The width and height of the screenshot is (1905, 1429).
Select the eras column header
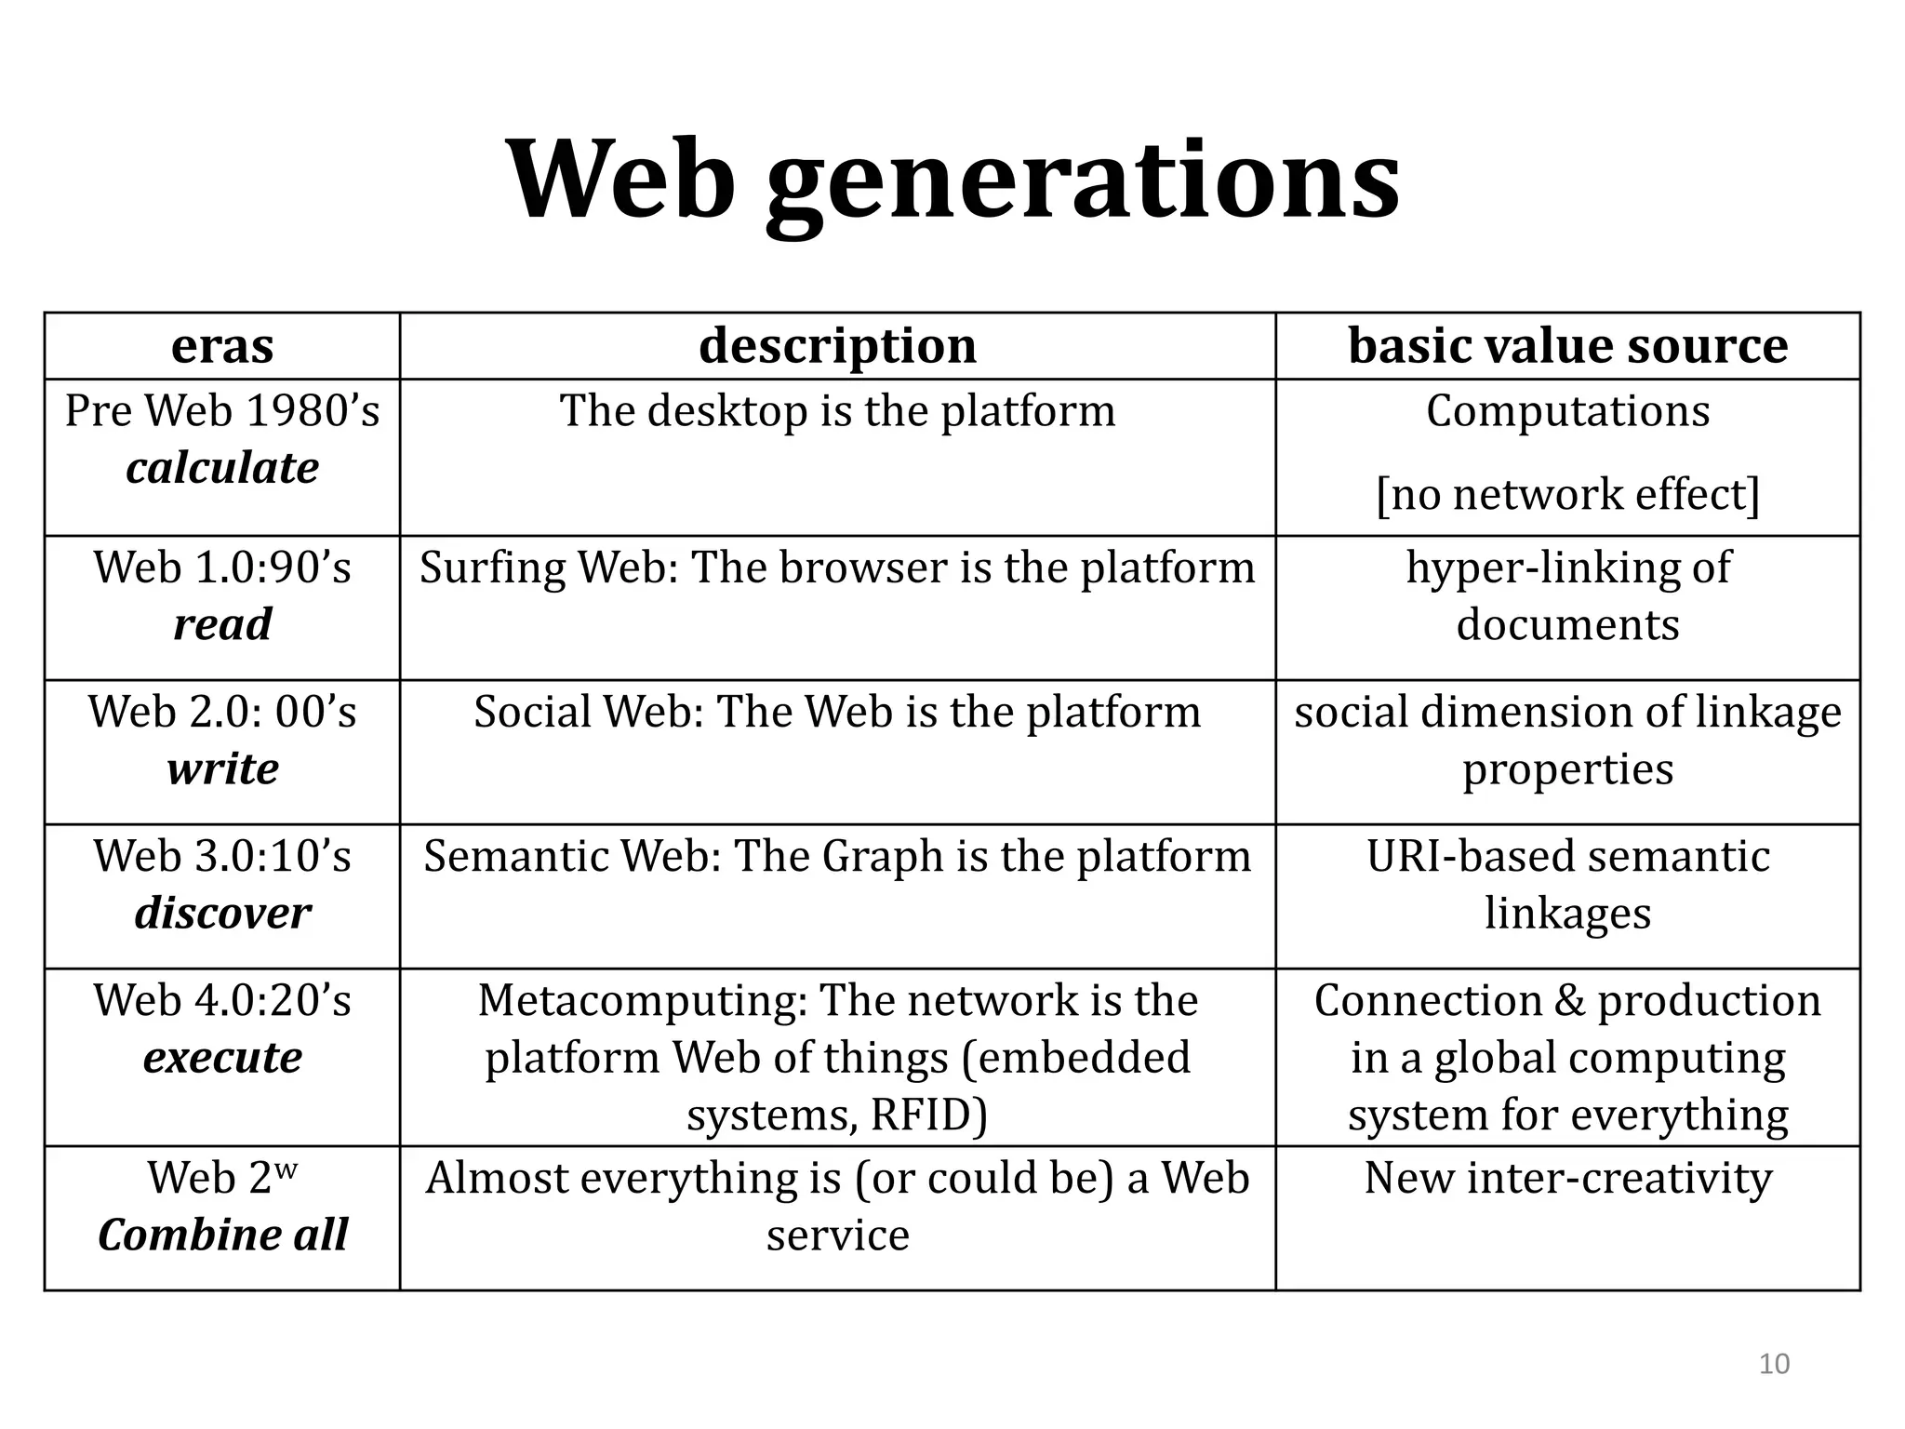click(222, 346)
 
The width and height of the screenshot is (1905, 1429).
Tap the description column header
click(837, 346)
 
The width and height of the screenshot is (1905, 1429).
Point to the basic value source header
click(1567, 346)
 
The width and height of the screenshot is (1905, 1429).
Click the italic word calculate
click(222, 468)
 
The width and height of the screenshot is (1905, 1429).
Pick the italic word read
click(222, 624)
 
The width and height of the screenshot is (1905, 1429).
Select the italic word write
click(222, 769)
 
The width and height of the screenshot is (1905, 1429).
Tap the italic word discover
click(222, 914)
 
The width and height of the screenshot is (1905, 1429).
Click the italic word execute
click(222, 1058)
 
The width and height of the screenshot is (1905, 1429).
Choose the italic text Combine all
click(222, 1235)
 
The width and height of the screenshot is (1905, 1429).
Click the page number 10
click(1774, 1364)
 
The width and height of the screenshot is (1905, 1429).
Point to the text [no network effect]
click(1567, 494)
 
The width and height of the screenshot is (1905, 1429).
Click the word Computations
click(1567, 411)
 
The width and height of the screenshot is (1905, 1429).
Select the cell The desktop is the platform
click(837, 411)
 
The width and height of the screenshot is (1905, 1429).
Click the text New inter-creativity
click(1567, 1179)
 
